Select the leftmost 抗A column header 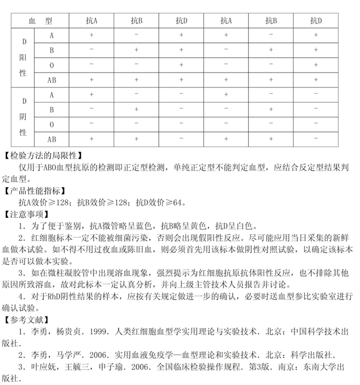coord(91,21)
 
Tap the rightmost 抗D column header coord(316,21)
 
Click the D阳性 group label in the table coord(24,57)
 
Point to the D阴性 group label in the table coord(24,117)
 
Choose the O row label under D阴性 coord(52,124)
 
